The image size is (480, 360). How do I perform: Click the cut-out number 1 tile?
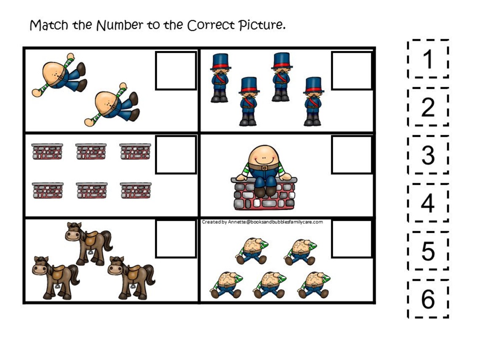[428, 59]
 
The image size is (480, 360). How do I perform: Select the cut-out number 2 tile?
[428, 107]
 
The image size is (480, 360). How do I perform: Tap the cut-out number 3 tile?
[428, 155]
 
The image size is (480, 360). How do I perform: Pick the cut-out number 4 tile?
[428, 203]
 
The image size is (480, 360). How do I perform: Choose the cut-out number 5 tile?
[428, 251]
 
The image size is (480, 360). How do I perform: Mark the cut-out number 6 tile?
[428, 299]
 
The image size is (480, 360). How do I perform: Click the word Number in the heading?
[120, 25]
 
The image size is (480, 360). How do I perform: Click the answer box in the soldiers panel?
[352, 71]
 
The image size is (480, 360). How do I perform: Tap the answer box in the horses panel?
[176, 239]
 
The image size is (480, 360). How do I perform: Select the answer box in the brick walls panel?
[176, 155]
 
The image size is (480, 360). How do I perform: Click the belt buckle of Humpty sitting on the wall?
[264, 168]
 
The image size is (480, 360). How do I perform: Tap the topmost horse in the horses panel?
[89, 244]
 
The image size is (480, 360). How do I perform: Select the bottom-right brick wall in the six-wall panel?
[136, 190]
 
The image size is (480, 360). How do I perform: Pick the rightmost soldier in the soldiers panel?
[313, 101]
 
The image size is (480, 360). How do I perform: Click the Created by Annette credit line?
[262, 222]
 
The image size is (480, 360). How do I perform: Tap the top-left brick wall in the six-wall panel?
[47, 151]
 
